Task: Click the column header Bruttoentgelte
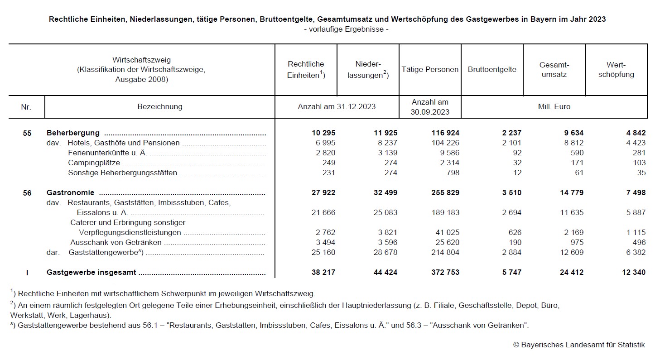pyautogui.click(x=492, y=70)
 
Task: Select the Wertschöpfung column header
pyautogui.click(x=616, y=70)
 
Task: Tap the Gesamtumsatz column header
pyautogui.click(x=554, y=70)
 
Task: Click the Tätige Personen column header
pyautogui.click(x=430, y=70)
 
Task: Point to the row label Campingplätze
pyautogui.click(x=94, y=163)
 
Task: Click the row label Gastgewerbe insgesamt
pyautogui.click(x=91, y=272)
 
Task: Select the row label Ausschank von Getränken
pyautogui.click(x=116, y=242)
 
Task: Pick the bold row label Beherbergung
pyautogui.click(x=73, y=133)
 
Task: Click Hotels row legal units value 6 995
pyautogui.click(x=324, y=143)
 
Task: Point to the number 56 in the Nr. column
pyautogui.click(x=27, y=193)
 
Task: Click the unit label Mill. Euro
pyautogui.click(x=554, y=107)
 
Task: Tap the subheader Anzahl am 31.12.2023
pyautogui.click(x=337, y=107)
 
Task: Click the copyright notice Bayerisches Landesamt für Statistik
pyautogui.click(x=578, y=345)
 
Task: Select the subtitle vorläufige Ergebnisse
pyautogui.click(x=347, y=29)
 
